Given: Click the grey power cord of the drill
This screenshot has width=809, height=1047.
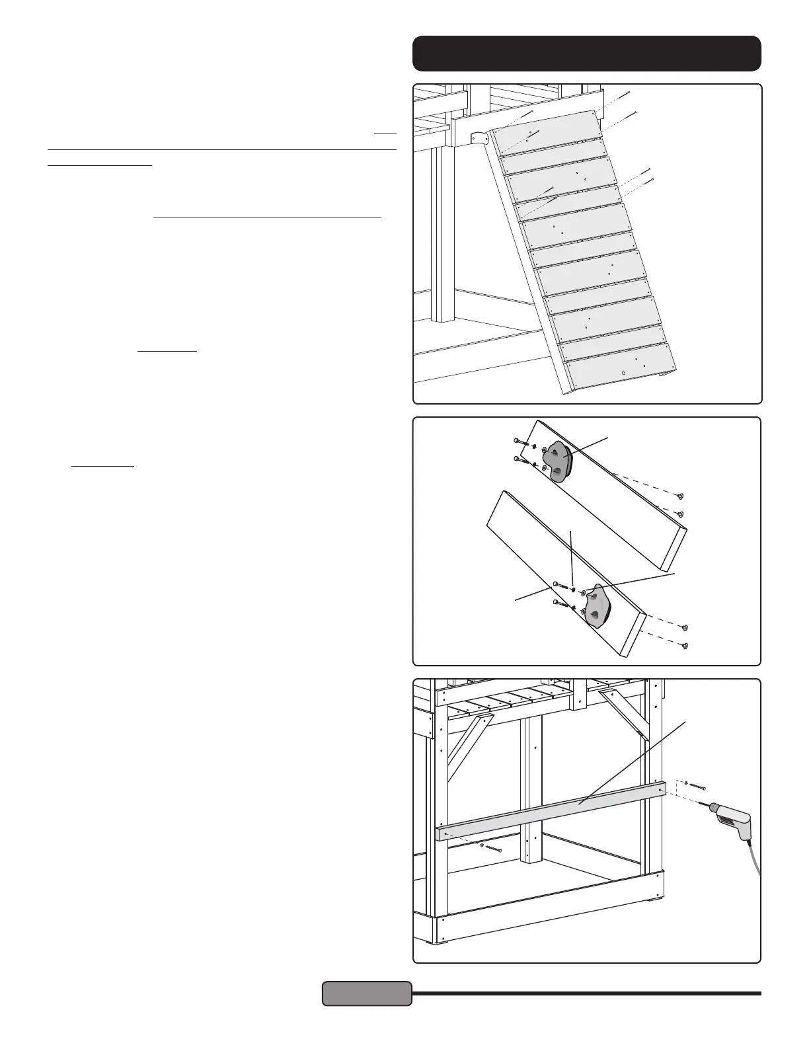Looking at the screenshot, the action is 754,859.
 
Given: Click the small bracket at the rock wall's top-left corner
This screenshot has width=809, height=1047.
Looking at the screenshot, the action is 478,138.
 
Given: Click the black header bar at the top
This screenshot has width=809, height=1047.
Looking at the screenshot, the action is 586,54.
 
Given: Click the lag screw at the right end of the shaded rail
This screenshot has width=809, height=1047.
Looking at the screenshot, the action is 695,786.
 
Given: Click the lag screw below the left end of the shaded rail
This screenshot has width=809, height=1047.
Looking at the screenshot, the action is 492,848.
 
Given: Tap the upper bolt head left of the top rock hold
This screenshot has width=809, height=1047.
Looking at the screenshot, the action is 517,440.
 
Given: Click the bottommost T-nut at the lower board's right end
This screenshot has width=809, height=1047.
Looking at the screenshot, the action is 685,646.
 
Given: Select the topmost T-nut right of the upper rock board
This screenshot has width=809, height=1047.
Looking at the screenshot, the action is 680,496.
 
